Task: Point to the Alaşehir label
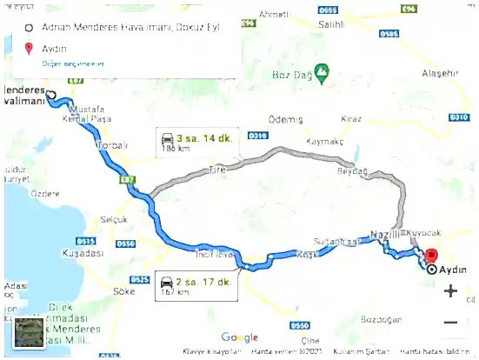tap(439, 74)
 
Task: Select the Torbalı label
tap(115, 145)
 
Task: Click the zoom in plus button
tap(450, 290)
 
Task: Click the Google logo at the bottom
tap(239, 337)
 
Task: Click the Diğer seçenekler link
tap(73, 64)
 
